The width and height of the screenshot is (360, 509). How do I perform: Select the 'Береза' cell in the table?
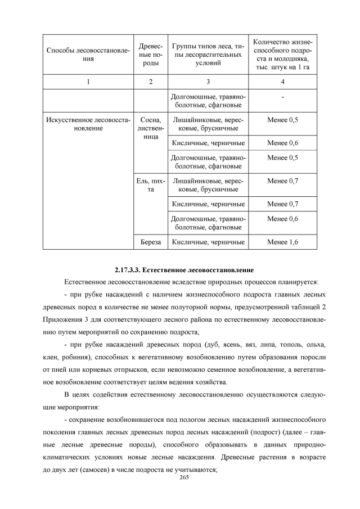pyautogui.click(x=150, y=242)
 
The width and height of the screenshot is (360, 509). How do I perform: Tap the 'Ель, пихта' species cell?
pyautogui.click(x=150, y=186)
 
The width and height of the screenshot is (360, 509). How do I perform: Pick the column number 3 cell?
pyautogui.click(x=208, y=82)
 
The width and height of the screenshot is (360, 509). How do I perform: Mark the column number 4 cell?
pyautogui.click(x=282, y=82)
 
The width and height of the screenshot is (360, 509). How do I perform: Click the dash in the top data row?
pyautogui.click(x=282, y=98)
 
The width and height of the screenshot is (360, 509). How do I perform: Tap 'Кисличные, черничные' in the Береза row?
pyautogui.click(x=208, y=242)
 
